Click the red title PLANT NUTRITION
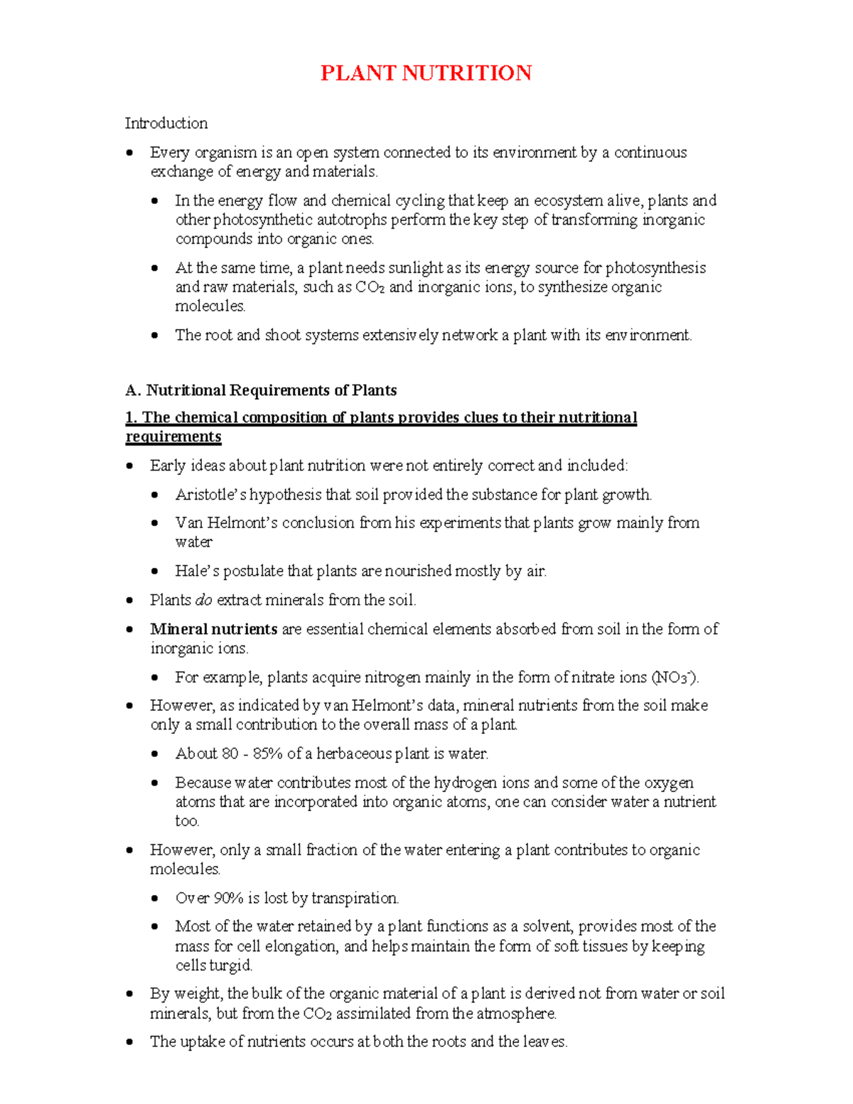pos(426,73)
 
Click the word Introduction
pos(166,124)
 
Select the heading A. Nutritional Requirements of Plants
pos(261,390)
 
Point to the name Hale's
pos(197,571)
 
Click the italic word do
pos(203,600)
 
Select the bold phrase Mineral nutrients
pos(213,629)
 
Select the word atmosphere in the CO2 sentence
pos(516,1013)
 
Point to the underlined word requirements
pos(173,436)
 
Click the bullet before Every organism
pos(129,153)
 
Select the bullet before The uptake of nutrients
pos(129,1042)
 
